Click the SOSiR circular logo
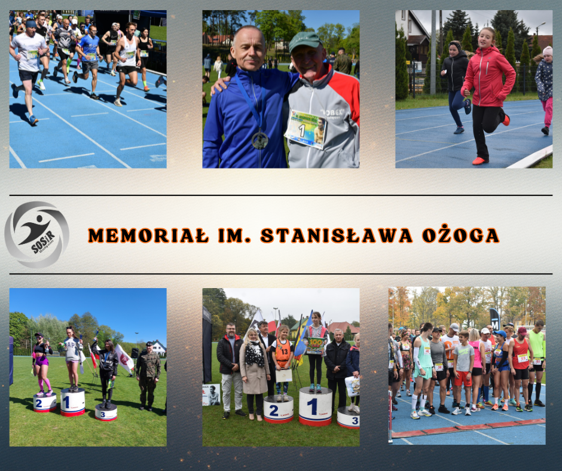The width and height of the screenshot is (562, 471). click(x=36, y=235)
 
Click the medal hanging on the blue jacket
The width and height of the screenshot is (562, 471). click(x=259, y=140)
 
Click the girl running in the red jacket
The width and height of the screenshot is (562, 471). click(x=487, y=90)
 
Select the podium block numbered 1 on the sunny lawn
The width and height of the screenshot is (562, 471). click(x=73, y=402)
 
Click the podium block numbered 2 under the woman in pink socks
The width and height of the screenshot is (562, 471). click(x=45, y=402)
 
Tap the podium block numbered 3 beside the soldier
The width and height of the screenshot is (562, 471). click(x=106, y=411)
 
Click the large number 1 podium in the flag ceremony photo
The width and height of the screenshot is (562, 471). click(x=315, y=406)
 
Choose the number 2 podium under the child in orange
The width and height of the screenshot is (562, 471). click(x=279, y=409)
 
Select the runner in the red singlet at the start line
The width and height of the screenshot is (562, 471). click(x=521, y=365)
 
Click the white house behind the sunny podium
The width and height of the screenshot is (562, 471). click(x=158, y=347)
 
